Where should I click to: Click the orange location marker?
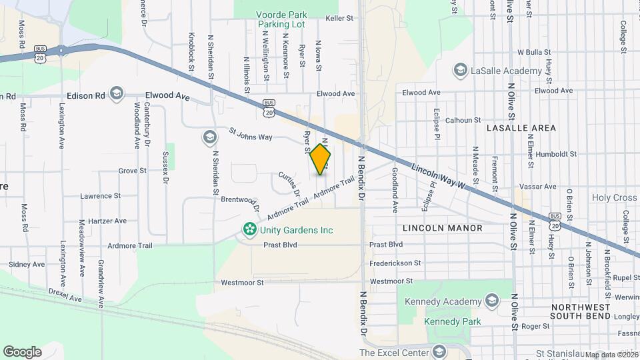tap(321, 160)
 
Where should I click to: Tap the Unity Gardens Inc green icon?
tap(250, 231)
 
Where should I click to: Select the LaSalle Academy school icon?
tap(459, 70)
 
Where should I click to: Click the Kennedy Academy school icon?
tap(493, 301)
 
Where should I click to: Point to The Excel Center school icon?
tap(439, 351)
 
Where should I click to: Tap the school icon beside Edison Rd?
tap(117, 94)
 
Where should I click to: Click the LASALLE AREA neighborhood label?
tap(521, 127)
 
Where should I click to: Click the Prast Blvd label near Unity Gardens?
tap(280, 245)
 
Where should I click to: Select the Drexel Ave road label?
tap(65, 295)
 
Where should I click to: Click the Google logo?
tap(23, 351)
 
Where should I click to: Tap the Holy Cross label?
tap(615, 197)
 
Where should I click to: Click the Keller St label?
tap(339, 19)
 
